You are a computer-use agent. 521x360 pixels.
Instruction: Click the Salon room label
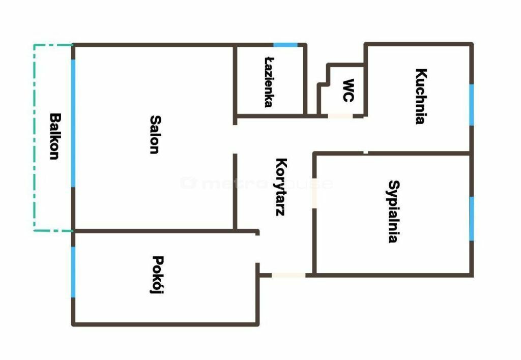coord(155,135)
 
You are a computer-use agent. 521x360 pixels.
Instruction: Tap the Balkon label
coord(55,136)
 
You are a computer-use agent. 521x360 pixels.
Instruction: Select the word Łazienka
coord(269,82)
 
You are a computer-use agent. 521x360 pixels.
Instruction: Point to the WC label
coord(348,91)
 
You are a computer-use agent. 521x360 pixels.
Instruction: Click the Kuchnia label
coord(421,96)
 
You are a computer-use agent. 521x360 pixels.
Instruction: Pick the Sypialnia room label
coord(394,212)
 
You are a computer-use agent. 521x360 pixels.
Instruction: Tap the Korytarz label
coord(281,187)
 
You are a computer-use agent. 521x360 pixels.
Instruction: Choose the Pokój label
coord(157,275)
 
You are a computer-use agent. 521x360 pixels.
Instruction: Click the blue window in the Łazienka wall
coord(285,45)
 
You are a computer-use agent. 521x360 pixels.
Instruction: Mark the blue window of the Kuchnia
coord(472,105)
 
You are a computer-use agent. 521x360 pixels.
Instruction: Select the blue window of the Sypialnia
coord(472,219)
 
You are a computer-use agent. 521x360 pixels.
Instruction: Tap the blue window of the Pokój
coord(73,272)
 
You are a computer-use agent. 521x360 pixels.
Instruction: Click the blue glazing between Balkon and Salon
coord(73,123)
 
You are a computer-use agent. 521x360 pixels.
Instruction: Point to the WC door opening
coord(340,116)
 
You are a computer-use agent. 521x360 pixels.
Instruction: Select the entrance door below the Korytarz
coord(288,275)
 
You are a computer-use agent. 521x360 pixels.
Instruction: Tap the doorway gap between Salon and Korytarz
coord(235,139)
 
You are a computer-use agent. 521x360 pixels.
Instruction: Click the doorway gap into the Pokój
coord(257,249)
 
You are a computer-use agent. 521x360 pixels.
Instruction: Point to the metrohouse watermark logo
coord(256,184)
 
